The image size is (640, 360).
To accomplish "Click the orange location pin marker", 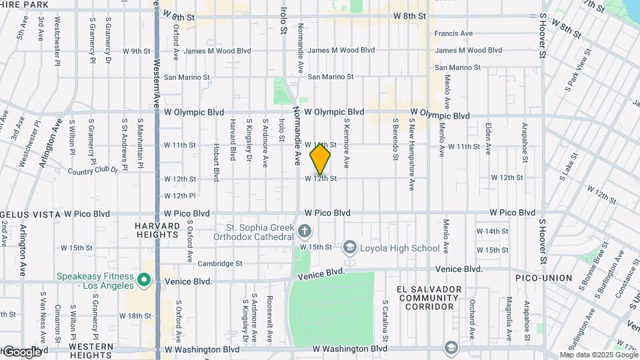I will pyautogui.click(x=320, y=159).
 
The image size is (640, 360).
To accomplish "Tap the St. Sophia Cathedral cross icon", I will pyautogui.click(x=305, y=231).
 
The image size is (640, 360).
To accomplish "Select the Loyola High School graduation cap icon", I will pyautogui.click(x=349, y=248).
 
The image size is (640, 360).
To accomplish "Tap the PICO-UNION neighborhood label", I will pyautogui.click(x=544, y=277).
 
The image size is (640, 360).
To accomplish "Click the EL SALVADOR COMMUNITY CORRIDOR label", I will pyautogui.click(x=429, y=298).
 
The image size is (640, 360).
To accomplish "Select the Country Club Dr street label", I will pyautogui.click(x=93, y=171).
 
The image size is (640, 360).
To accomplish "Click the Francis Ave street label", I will pyautogui.click(x=453, y=33).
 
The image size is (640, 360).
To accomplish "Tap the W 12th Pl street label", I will pyautogui.click(x=179, y=196).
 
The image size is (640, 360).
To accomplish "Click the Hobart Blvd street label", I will pyautogui.click(x=217, y=161).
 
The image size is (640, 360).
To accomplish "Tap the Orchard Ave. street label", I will pyautogui.click(x=472, y=318).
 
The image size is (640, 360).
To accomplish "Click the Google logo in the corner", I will pyautogui.click(x=21, y=351).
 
